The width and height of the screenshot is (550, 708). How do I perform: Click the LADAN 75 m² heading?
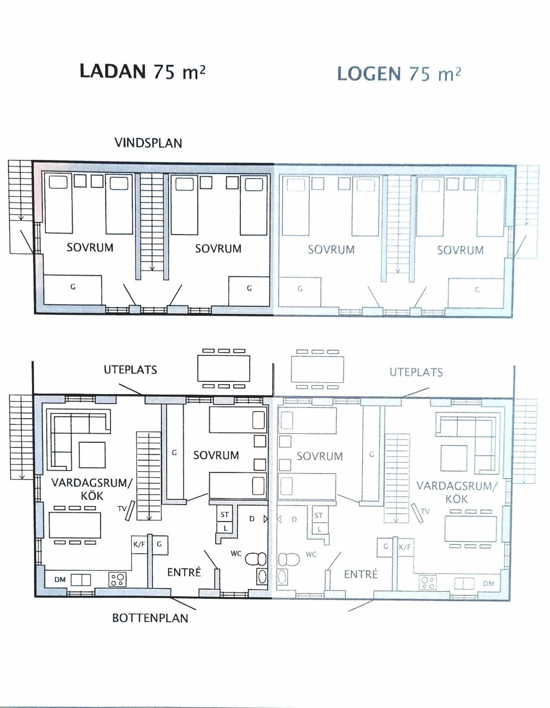click(142, 71)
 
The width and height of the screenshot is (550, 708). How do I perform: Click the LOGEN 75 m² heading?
click(399, 74)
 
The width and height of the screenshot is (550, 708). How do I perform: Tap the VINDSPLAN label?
click(148, 143)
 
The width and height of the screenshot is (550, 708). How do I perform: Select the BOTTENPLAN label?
click(150, 618)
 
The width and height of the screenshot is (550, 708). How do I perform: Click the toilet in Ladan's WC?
click(256, 559)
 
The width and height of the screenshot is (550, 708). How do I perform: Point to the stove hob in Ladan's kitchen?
click(117, 579)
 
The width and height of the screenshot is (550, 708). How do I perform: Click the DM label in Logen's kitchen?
click(488, 583)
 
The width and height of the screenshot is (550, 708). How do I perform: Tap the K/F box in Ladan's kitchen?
click(139, 544)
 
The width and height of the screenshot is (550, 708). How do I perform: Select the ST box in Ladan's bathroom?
click(224, 514)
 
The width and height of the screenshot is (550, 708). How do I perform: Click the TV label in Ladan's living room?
click(122, 509)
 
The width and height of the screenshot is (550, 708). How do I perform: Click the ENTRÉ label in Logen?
click(361, 574)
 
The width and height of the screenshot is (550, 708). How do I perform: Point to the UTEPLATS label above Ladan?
click(130, 370)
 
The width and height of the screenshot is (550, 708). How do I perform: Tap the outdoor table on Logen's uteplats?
click(317, 369)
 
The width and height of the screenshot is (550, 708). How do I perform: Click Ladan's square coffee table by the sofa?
click(92, 456)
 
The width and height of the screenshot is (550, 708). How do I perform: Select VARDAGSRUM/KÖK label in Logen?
click(457, 492)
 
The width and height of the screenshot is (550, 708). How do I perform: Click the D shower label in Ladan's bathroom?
click(252, 519)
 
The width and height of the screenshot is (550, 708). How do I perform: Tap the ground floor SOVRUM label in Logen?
click(319, 456)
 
